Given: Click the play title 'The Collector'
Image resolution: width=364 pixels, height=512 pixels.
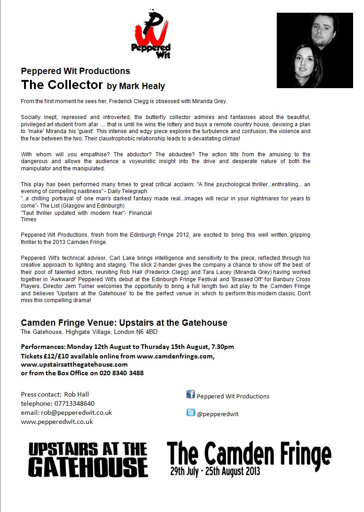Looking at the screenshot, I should pos(62,85).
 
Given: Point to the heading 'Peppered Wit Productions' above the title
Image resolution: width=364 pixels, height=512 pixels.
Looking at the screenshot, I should pos(75,71).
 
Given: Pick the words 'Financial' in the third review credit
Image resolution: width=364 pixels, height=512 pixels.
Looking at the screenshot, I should pos(139,213).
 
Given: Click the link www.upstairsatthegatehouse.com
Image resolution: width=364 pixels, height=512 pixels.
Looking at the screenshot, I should pos(74,364).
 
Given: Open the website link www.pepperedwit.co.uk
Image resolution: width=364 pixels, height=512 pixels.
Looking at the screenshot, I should pos(57,422).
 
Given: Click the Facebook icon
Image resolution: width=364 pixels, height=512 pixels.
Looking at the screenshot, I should pos(190,394).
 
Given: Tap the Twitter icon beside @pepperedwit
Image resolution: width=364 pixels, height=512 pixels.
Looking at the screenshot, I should pos(190,413).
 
